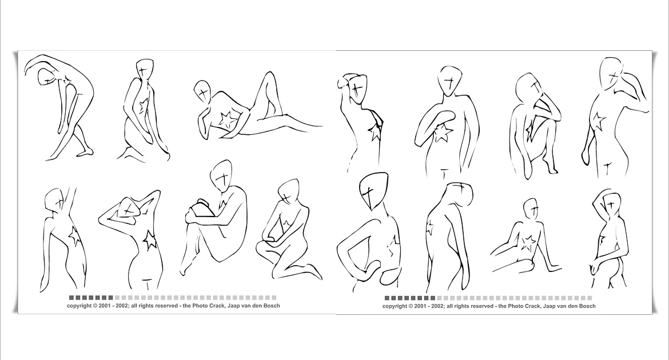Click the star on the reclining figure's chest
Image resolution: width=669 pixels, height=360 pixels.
[227, 119]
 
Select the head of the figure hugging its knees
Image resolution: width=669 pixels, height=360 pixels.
[221, 176]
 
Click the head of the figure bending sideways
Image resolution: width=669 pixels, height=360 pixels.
[46, 77]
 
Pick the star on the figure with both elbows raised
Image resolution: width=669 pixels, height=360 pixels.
[149, 240]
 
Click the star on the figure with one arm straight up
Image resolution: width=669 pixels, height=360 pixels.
[74, 235]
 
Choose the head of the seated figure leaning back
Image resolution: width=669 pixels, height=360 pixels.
[530, 209]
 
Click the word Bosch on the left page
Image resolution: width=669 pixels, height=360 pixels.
[272, 305]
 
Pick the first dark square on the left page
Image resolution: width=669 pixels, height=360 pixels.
[71, 298]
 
